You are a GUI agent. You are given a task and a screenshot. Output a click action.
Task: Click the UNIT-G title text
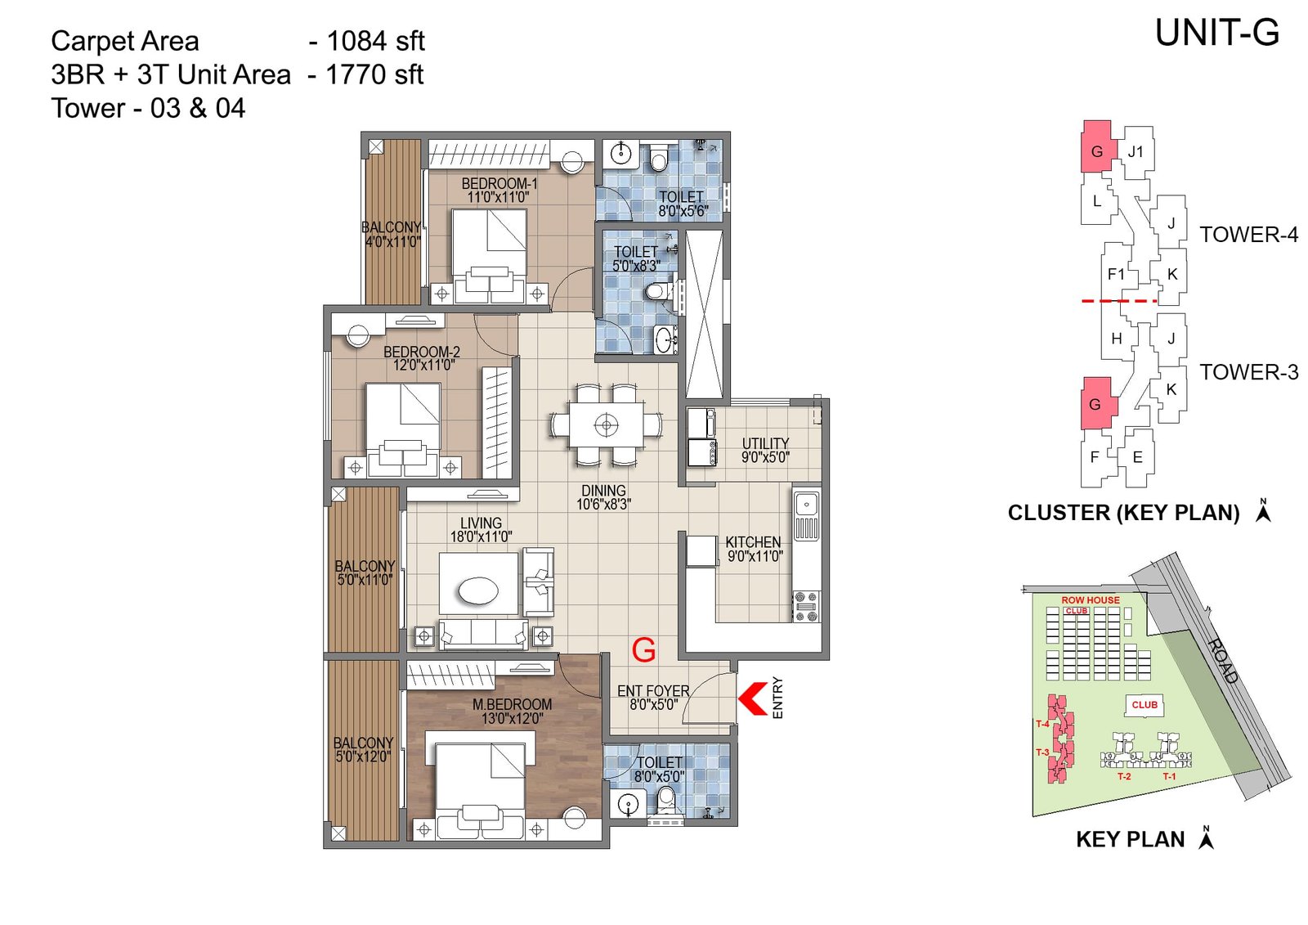pyautogui.click(x=1216, y=34)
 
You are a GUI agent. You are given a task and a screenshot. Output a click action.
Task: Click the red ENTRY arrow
pyautogui.click(x=753, y=698)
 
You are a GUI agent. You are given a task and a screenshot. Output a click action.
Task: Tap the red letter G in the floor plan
pyautogui.click(x=643, y=650)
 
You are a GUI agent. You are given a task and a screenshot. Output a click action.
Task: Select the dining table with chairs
pyautogui.click(x=606, y=425)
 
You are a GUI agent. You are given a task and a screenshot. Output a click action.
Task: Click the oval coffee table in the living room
pyautogui.click(x=478, y=590)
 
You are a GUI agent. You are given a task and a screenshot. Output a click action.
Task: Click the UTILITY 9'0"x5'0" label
pyautogui.click(x=765, y=450)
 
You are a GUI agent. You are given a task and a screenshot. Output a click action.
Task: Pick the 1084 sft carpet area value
pyautogui.click(x=375, y=41)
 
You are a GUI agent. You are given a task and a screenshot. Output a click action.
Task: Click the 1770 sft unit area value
pyautogui.click(x=374, y=74)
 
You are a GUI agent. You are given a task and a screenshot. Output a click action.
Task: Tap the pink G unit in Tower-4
pyautogui.click(x=1096, y=150)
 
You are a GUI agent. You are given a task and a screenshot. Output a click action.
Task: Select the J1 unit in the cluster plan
pyautogui.click(x=1136, y=151)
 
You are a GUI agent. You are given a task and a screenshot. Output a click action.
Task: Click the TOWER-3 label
pyautogui.click(x=1248, y=372)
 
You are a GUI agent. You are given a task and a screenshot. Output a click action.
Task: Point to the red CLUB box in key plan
pyautogui.click(x=1144, y=704)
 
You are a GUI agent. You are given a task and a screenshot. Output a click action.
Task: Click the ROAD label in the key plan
pyautogui.click(x=1223, y=660)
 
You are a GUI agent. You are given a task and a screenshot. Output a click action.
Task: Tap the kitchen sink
pyautogui.click(x=807, y=502)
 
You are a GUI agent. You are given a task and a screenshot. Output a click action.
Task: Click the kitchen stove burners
pyautogui.click(x=806, y=606)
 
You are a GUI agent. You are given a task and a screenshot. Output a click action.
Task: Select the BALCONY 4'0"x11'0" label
pyautogui.click(x=392, y=234)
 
